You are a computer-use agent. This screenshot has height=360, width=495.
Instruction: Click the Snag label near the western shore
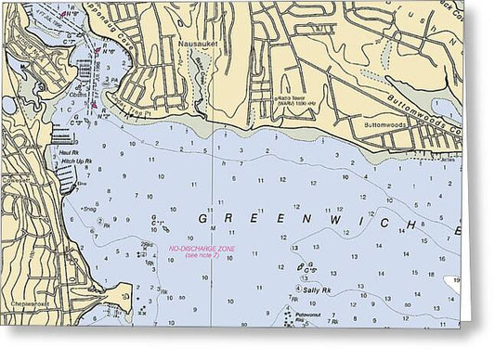tap(90, 209)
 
